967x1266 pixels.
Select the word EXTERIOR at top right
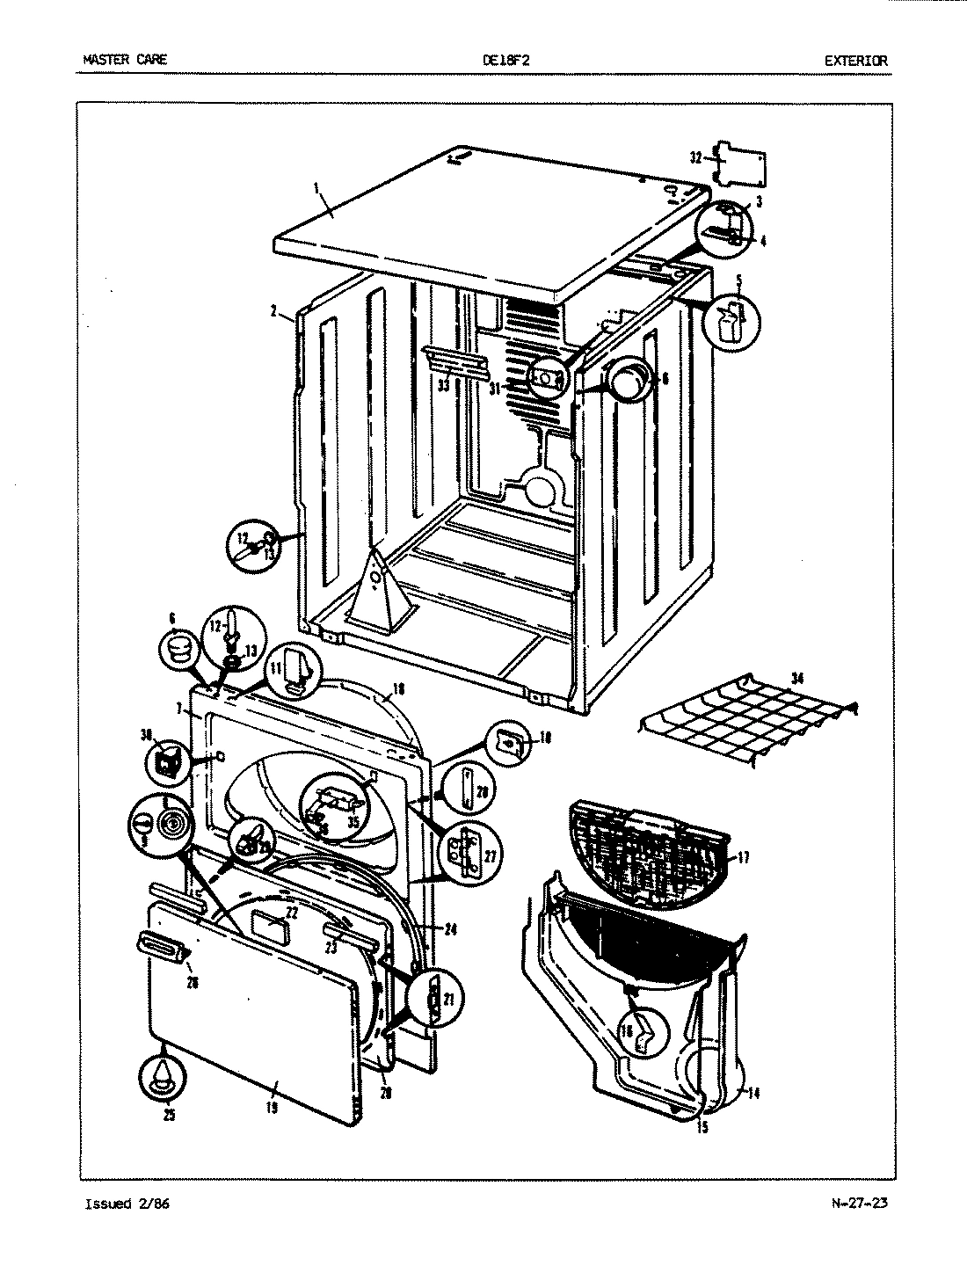[x=855, y=61]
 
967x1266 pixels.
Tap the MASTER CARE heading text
[x=124, y=61]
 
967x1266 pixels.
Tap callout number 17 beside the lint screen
[x=744, y=857]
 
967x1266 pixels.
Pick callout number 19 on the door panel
[x=273, y=1108]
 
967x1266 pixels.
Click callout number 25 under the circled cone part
[x=169, y=1116]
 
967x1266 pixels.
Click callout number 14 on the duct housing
[x=753, y=1093]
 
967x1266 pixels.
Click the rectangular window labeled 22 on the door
[x=270, y=928]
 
